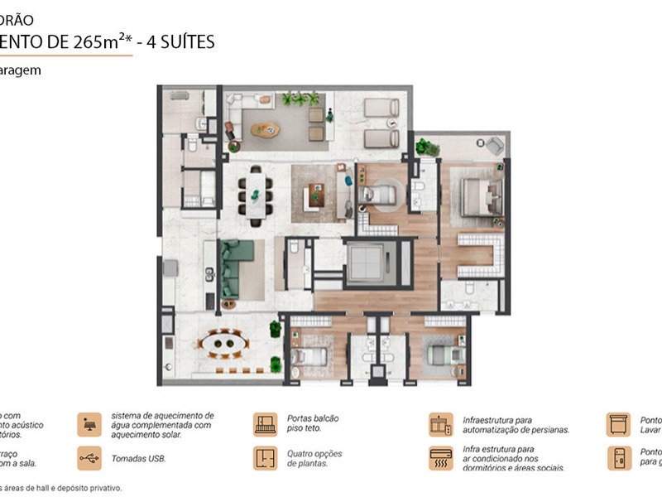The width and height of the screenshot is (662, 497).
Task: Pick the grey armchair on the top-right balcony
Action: click(492, 145)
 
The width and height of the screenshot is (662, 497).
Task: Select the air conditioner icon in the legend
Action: click(440, 459)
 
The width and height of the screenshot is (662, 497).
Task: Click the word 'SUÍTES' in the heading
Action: click(189, 41)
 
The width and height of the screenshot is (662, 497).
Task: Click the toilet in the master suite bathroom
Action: click(469, 288)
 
